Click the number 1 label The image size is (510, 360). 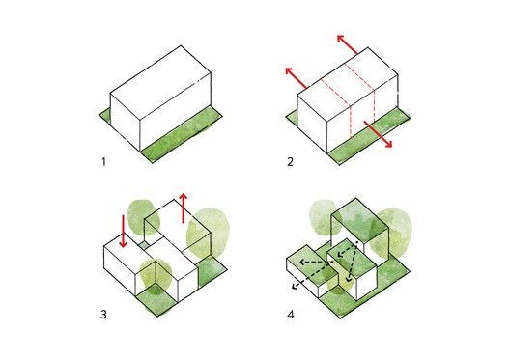[x=103, y=161]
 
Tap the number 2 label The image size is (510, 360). [x=290, y=161]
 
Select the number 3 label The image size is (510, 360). [x=103, y=315]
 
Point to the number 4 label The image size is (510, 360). [x=291, y=315]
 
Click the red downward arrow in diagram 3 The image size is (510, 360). [x=123, y=231]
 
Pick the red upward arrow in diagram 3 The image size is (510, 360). [x=184, y=208]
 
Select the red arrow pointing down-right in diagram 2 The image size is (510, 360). [x=378, y=134]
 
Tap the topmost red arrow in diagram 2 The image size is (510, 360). [x=348, y=44]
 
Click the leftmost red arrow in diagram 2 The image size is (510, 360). [x=296, y=77]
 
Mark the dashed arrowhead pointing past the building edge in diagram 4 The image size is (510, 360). [x=296, y=286]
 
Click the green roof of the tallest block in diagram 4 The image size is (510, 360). [x=360, y=220]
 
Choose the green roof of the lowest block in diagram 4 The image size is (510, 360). [x=311, y=263]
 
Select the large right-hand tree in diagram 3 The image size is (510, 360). [x=209, y=233]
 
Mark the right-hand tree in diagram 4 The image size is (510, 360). [x=391, y=233]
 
